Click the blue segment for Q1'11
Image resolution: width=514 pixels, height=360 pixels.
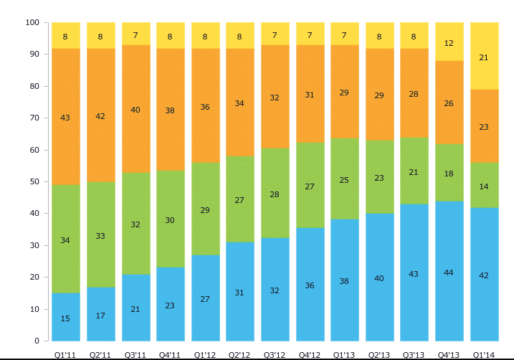pos(65,317)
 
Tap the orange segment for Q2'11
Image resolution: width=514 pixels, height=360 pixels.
pos(100,115)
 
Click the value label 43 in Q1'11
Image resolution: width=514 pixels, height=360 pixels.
pos(65,118)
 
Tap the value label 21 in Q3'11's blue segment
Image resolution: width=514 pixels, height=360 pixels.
pos(135,309)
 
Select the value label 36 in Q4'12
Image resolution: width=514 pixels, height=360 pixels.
pos(310,285)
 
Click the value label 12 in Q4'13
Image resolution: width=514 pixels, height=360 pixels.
pos(449,43)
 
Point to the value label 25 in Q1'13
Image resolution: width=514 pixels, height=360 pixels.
pos(344,180)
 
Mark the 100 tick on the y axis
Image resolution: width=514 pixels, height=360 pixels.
pos(32,23)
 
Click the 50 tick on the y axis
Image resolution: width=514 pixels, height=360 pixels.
pos(34,182)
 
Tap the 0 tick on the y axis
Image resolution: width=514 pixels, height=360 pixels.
pos(37,341)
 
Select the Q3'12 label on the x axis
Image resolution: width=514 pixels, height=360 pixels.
pos(275,354)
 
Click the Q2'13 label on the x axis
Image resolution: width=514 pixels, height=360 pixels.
pos(379,354)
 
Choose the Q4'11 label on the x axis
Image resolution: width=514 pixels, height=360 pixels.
pos(170,354)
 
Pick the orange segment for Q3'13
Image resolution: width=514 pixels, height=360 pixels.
pos(414,93)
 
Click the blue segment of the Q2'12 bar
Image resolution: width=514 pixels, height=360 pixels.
pos(239,291)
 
